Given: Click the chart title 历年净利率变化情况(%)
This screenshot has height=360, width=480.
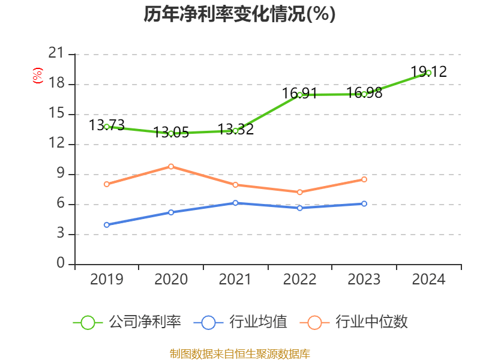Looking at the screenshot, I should pos(239,14).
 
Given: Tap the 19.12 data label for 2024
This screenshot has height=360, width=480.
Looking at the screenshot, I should pos(428,72).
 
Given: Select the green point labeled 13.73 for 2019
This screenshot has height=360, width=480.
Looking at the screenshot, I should pos(107,127).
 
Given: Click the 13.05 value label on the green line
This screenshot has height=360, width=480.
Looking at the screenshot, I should pos(171,133).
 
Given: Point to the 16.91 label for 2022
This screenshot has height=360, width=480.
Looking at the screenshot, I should pos(299,94).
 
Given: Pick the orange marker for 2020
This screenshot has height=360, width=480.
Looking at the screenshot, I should pos(171,166).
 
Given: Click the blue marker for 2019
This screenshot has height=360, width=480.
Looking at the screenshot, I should pos(107,225).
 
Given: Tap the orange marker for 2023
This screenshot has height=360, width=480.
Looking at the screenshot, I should pos(364,179).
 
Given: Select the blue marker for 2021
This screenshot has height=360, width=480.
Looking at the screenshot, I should pos(235,203).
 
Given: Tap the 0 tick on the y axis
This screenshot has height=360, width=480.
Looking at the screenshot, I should pos(60,264).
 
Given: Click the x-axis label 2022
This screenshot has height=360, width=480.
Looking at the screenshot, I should pos(299,280).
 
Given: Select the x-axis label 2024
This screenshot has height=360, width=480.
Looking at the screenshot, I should pos(428,280).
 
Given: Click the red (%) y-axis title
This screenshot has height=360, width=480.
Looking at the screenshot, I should pos(37,75).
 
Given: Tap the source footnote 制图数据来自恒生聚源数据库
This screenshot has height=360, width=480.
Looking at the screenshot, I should pos(239,353).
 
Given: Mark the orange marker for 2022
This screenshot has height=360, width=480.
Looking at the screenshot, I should pos(299,192).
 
